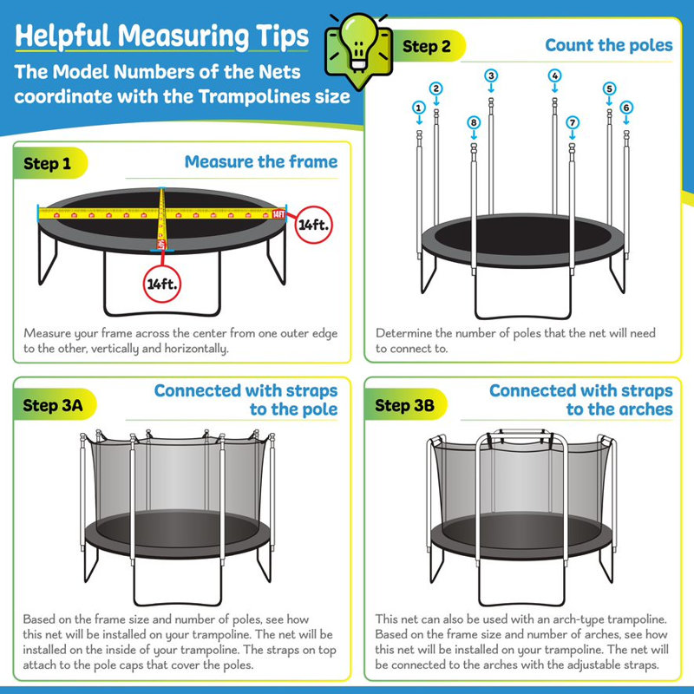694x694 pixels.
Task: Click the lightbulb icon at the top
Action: [x=355, y=45]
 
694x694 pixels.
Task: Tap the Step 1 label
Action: [x=48, y=163]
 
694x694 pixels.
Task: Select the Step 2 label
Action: [x=427, y=47]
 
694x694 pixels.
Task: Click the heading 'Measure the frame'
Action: [x=261, y=161]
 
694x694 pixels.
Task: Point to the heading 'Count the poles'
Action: [x=608, y=45]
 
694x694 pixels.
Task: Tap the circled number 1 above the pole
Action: [x=419, y=108]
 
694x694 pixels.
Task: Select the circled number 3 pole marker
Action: [x=491, y=75]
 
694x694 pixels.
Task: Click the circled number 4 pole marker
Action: [x=554, y=75]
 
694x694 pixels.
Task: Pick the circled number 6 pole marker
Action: [x=626, y=107]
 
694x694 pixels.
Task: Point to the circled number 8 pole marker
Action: [x=473, y=123]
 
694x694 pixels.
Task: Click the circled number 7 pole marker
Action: [x=573, y=123]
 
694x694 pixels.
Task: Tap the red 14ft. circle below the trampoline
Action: [x=166, y=283]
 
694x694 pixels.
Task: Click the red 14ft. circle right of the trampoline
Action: [x=311, y=225]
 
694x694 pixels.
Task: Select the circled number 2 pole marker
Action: [x=436, y=88]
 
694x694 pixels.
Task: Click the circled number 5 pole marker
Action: [x=609, y=88]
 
